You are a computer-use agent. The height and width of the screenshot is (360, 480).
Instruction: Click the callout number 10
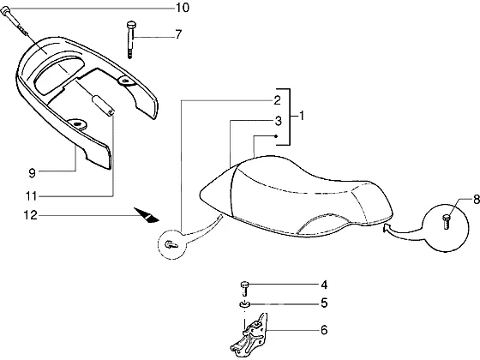pyautogui.click(x=182, y=8)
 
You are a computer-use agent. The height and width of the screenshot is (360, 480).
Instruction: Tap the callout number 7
pyautogui.click(x=178, y=34)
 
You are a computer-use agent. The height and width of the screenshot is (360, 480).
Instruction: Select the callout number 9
pyautogui.click(x=33, y=173)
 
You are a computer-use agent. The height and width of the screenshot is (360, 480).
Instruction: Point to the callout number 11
pyautogui.click(x=31, y=196)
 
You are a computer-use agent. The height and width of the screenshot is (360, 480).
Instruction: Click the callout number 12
pyautogui.click(x=31, y=215)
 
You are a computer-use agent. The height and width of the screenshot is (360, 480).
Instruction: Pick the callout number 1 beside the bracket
pyautogui.click(x=302, y=116)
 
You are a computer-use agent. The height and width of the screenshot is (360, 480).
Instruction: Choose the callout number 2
pyautogui.click(x=277, y=100)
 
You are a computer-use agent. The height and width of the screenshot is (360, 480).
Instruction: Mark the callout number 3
pyautogui.click(x=278, y=121)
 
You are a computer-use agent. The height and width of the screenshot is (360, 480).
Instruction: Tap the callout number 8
pyautogui.click(x=477, y=200)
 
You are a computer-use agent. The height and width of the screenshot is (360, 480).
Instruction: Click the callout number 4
pyautogui.click(x=324, y=285)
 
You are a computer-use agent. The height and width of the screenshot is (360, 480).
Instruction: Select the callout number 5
pyautogui.click(x=324, y=303)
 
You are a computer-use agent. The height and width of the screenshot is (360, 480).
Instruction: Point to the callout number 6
pyautogui.click(x=324, y=330)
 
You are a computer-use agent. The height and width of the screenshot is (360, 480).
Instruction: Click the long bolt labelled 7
pyautogui.click(x=130, y=39)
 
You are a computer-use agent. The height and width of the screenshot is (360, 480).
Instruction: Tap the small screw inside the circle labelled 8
pyautogui.click(x=446, y=222)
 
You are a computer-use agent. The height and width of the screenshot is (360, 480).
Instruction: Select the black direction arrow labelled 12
pyautogui.click(x=146, y=215)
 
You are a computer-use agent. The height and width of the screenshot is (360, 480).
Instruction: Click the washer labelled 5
pyautogui.click(x=244, y=304)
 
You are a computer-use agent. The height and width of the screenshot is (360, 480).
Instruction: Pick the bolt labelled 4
pyautogui.click(x=244, y=289)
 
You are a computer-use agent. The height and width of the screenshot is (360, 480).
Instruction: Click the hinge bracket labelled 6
pyautogui.click(x=249, y=335)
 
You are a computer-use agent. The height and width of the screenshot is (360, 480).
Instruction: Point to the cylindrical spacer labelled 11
pyautogui.click(x=103, y=105)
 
